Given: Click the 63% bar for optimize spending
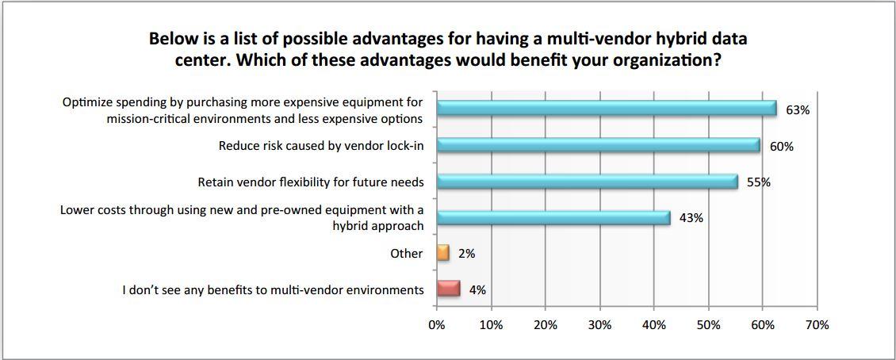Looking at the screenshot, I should point(607,109).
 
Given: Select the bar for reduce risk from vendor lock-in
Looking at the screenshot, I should point(598,145).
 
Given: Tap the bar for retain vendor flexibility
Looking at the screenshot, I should point(587,182).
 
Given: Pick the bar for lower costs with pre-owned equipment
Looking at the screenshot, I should point(553,217).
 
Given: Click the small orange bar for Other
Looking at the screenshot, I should point(442,254).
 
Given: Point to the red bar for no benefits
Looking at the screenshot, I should point(448,289).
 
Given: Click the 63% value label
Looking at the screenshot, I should point(797,110).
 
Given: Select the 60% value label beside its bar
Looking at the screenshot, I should point(781,147).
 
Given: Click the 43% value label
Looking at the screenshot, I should point(691,218).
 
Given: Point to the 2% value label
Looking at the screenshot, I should point(466,255).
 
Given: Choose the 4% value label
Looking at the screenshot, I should point(477,290).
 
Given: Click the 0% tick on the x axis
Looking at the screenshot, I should point(436,325).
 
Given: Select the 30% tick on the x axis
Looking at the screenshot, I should point(599,325).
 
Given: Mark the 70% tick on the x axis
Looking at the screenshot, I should point(817,325).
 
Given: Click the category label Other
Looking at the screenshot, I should point(407,254).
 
